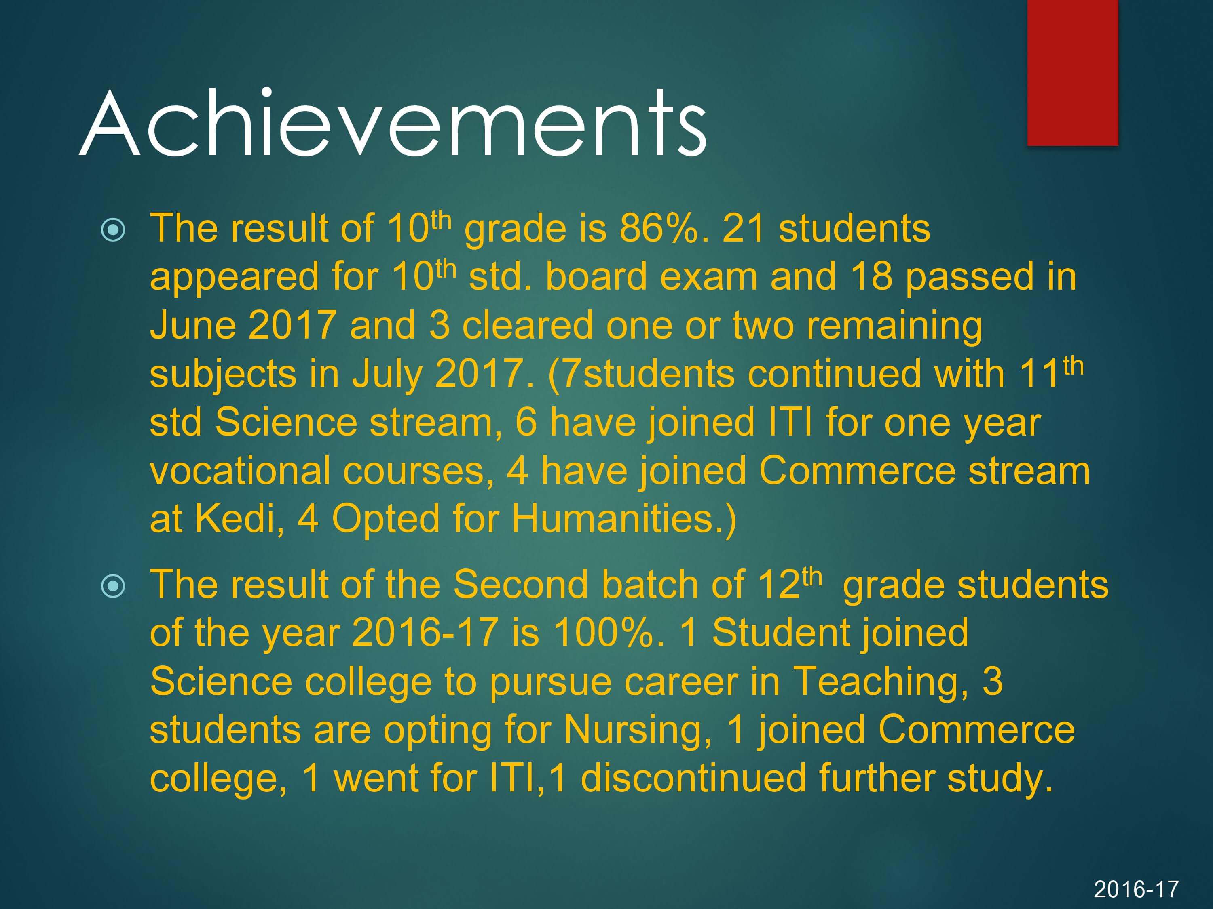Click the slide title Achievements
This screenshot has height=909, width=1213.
(x=393, y=123)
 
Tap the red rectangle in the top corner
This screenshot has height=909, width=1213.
(x=1073, y=73)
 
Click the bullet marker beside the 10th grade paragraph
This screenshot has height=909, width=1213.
(x=114, y=230)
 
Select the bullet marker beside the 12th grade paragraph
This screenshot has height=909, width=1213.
(x=114, y=586)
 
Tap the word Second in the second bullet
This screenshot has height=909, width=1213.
(x=520, y=584)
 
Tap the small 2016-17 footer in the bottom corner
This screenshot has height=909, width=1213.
(x=1136, y=889)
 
